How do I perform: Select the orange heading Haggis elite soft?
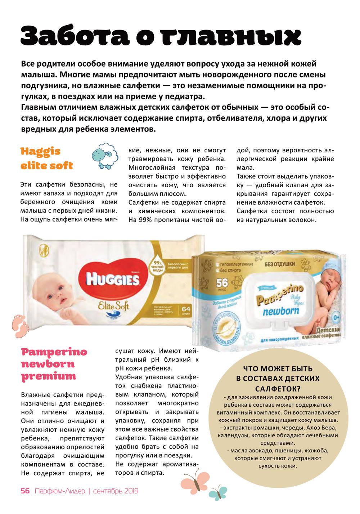(47, 158)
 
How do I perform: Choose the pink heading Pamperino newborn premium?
(54, 364)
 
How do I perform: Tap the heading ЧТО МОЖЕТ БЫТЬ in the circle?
(278, 369)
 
